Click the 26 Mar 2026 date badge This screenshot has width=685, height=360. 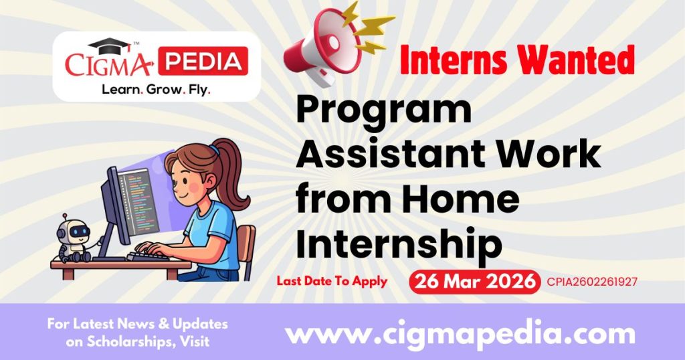tap(474, 282)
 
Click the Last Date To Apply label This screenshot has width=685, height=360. tap(332, 281)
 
